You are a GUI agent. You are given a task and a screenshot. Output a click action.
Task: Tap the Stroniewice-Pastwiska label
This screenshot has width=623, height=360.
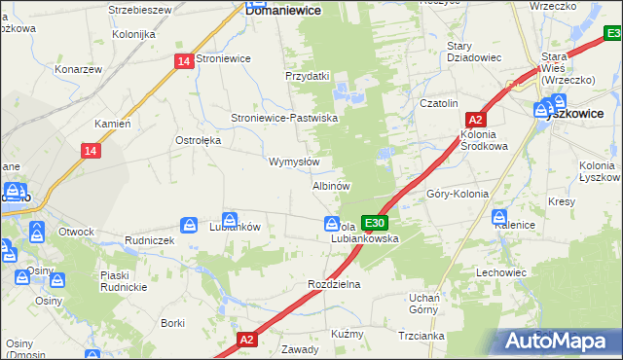(283, 118)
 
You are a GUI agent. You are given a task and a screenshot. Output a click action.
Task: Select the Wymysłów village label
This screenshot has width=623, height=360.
(293, 162)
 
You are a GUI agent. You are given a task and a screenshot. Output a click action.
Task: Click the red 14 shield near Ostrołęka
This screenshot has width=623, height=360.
(91, 151)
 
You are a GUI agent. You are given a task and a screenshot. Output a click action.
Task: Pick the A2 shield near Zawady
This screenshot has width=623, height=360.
(247, 340)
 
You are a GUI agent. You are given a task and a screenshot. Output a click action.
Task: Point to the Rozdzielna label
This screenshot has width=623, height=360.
(334, 284)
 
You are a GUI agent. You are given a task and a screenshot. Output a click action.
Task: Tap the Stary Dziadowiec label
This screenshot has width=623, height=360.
(473, 52)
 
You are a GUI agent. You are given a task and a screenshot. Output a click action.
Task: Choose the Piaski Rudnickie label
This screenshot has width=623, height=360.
(122, 281)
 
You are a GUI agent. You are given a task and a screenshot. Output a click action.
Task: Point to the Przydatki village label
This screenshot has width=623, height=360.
(308, 76)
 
